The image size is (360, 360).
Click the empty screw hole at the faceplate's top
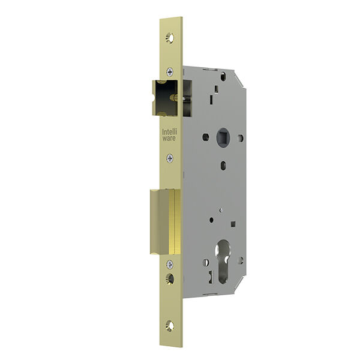[x=170, y=38]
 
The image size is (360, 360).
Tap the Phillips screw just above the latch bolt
[x=170, y=72]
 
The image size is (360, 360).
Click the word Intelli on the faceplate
[x=170, y=132]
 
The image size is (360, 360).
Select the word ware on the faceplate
[x=169, y=138]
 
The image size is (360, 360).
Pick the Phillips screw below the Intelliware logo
[x=170, y=158]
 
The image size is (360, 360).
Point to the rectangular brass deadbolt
[x=166, y=222]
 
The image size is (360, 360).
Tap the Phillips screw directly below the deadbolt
[x=170, y=265]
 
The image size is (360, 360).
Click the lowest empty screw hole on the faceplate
[x=170, y=326]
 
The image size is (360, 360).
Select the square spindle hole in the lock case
[x=223, y=137]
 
